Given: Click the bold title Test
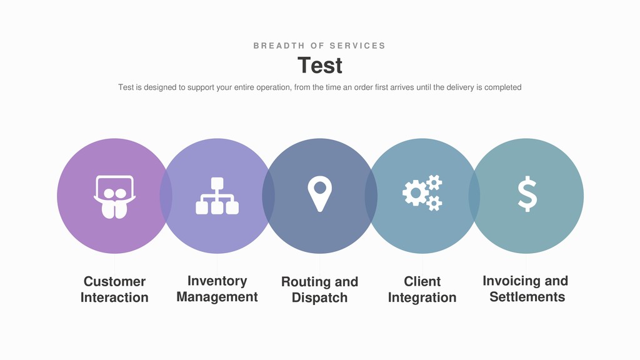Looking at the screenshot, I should point(319,66).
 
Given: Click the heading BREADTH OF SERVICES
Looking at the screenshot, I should point(319,46).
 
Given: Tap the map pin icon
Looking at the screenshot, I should point(320,193).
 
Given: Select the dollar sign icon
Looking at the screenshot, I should point(527,194).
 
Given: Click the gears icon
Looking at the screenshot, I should point(422,192).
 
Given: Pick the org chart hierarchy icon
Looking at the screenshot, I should point(217,196).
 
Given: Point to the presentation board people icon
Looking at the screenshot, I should point(114,196).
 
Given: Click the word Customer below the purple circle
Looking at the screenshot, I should point(114,281).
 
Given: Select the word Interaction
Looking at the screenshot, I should point(114,297).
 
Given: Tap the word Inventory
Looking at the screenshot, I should point(217,281).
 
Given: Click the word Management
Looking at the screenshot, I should point(217,297).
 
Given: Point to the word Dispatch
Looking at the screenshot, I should point(319,297).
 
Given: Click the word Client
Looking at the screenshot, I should point(422,281).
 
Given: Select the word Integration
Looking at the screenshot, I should point(422,297).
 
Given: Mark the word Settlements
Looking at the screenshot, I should point(527,297).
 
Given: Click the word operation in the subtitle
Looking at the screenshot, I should point(269,87).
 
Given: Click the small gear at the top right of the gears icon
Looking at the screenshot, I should point(434,182).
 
